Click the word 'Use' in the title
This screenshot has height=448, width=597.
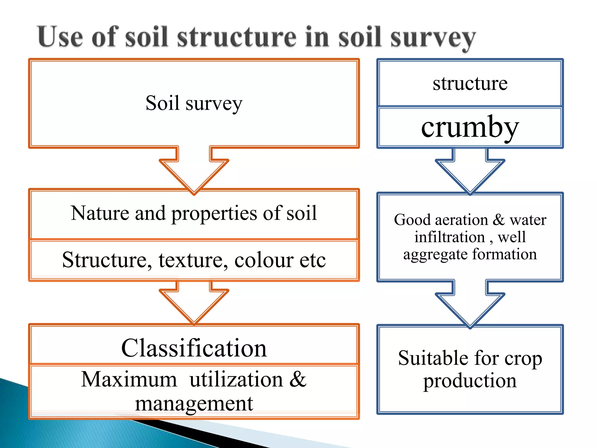60,37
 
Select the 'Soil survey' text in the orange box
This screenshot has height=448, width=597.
194,103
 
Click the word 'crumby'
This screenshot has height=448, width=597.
470,127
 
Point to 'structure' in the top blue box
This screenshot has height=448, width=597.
470,83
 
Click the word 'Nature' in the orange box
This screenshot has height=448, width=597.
100,213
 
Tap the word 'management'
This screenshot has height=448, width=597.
194,404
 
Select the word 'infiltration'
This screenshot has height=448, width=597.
450,237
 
